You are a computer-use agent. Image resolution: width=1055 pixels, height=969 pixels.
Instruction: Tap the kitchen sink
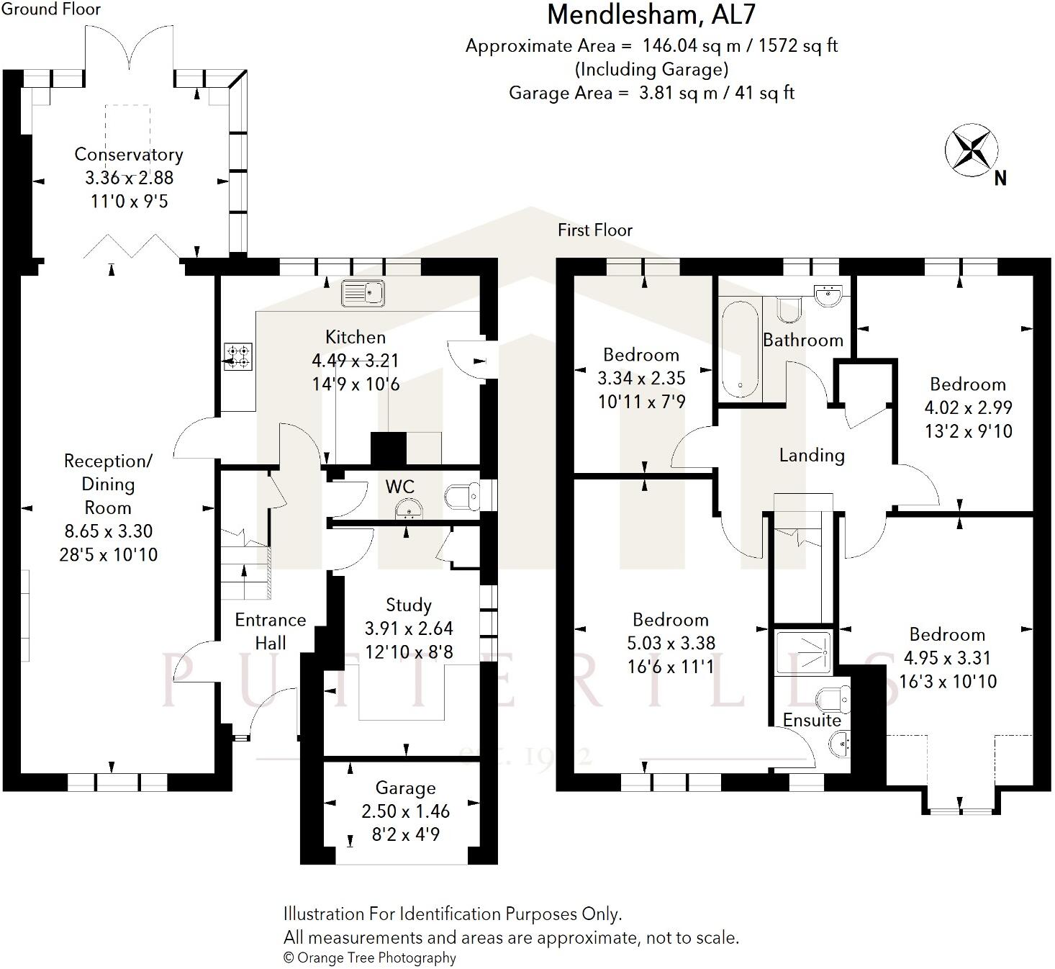[364, 292]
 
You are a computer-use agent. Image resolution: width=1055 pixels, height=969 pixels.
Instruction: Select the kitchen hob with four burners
[237, 356]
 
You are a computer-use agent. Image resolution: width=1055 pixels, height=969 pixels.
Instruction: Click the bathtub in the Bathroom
[739, 349]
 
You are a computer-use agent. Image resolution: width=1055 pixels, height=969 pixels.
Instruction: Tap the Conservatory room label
[129, 155]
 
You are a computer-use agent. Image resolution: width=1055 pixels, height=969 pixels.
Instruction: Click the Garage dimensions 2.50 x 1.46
[405, 811]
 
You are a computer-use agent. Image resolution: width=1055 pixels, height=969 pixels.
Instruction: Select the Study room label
[408, 605]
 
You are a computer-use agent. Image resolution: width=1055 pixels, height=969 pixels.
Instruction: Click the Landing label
[812, 455]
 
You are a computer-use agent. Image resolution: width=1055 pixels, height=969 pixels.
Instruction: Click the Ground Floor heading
[50, 9]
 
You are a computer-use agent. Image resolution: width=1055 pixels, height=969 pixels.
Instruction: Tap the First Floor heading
[594, 230]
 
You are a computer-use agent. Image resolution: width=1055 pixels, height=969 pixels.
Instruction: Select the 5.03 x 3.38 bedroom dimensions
[671, 643]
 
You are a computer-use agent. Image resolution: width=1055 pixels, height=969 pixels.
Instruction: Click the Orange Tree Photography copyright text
[369, 957]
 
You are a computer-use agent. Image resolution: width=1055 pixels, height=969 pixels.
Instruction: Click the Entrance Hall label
[270, 631]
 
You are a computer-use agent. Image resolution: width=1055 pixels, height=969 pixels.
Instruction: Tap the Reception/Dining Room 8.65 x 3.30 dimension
[108, 531]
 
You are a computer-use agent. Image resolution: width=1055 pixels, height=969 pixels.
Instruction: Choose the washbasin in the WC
[409, 510]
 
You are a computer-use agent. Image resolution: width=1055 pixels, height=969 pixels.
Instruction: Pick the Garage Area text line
[651, 93]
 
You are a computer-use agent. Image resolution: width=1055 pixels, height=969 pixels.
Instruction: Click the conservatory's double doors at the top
[130, 49]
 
